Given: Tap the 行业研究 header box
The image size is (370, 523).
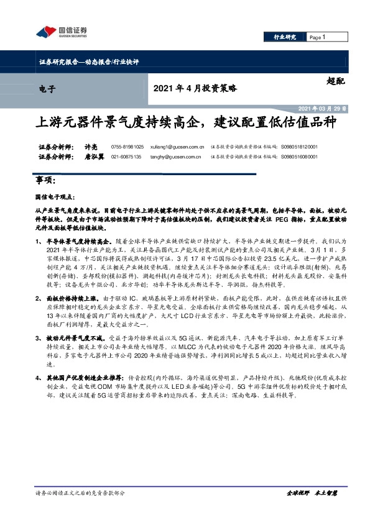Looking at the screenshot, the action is point(285,37).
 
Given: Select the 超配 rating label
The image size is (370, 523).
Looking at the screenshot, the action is point(335,80).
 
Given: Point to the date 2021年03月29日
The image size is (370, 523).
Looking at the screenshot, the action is point(326,107).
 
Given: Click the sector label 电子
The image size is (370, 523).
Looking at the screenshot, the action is point(47,89).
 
